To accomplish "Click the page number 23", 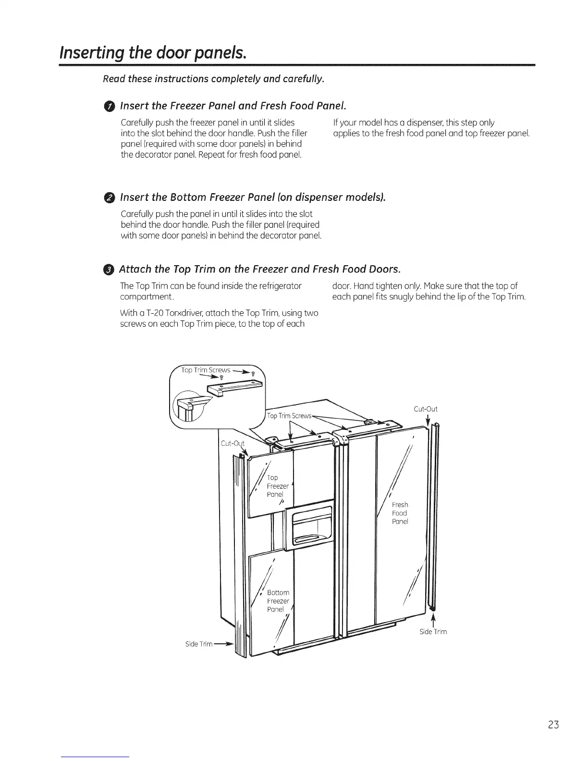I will [x=553, y=724].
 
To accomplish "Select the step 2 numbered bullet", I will [x=110, y=198].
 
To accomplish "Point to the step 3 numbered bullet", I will [x=110, y=268].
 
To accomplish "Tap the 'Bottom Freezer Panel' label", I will [x=278, y=601].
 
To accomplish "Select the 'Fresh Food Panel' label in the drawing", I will [x=400, y=513].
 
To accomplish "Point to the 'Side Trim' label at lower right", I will [x=433, y=632].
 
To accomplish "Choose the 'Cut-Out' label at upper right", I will [x=425, y=409].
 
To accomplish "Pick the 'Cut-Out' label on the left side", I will [x=233, y=443].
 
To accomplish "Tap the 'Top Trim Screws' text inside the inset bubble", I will [x=206, y=370].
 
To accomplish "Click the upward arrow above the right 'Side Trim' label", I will [x=433, y=619].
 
